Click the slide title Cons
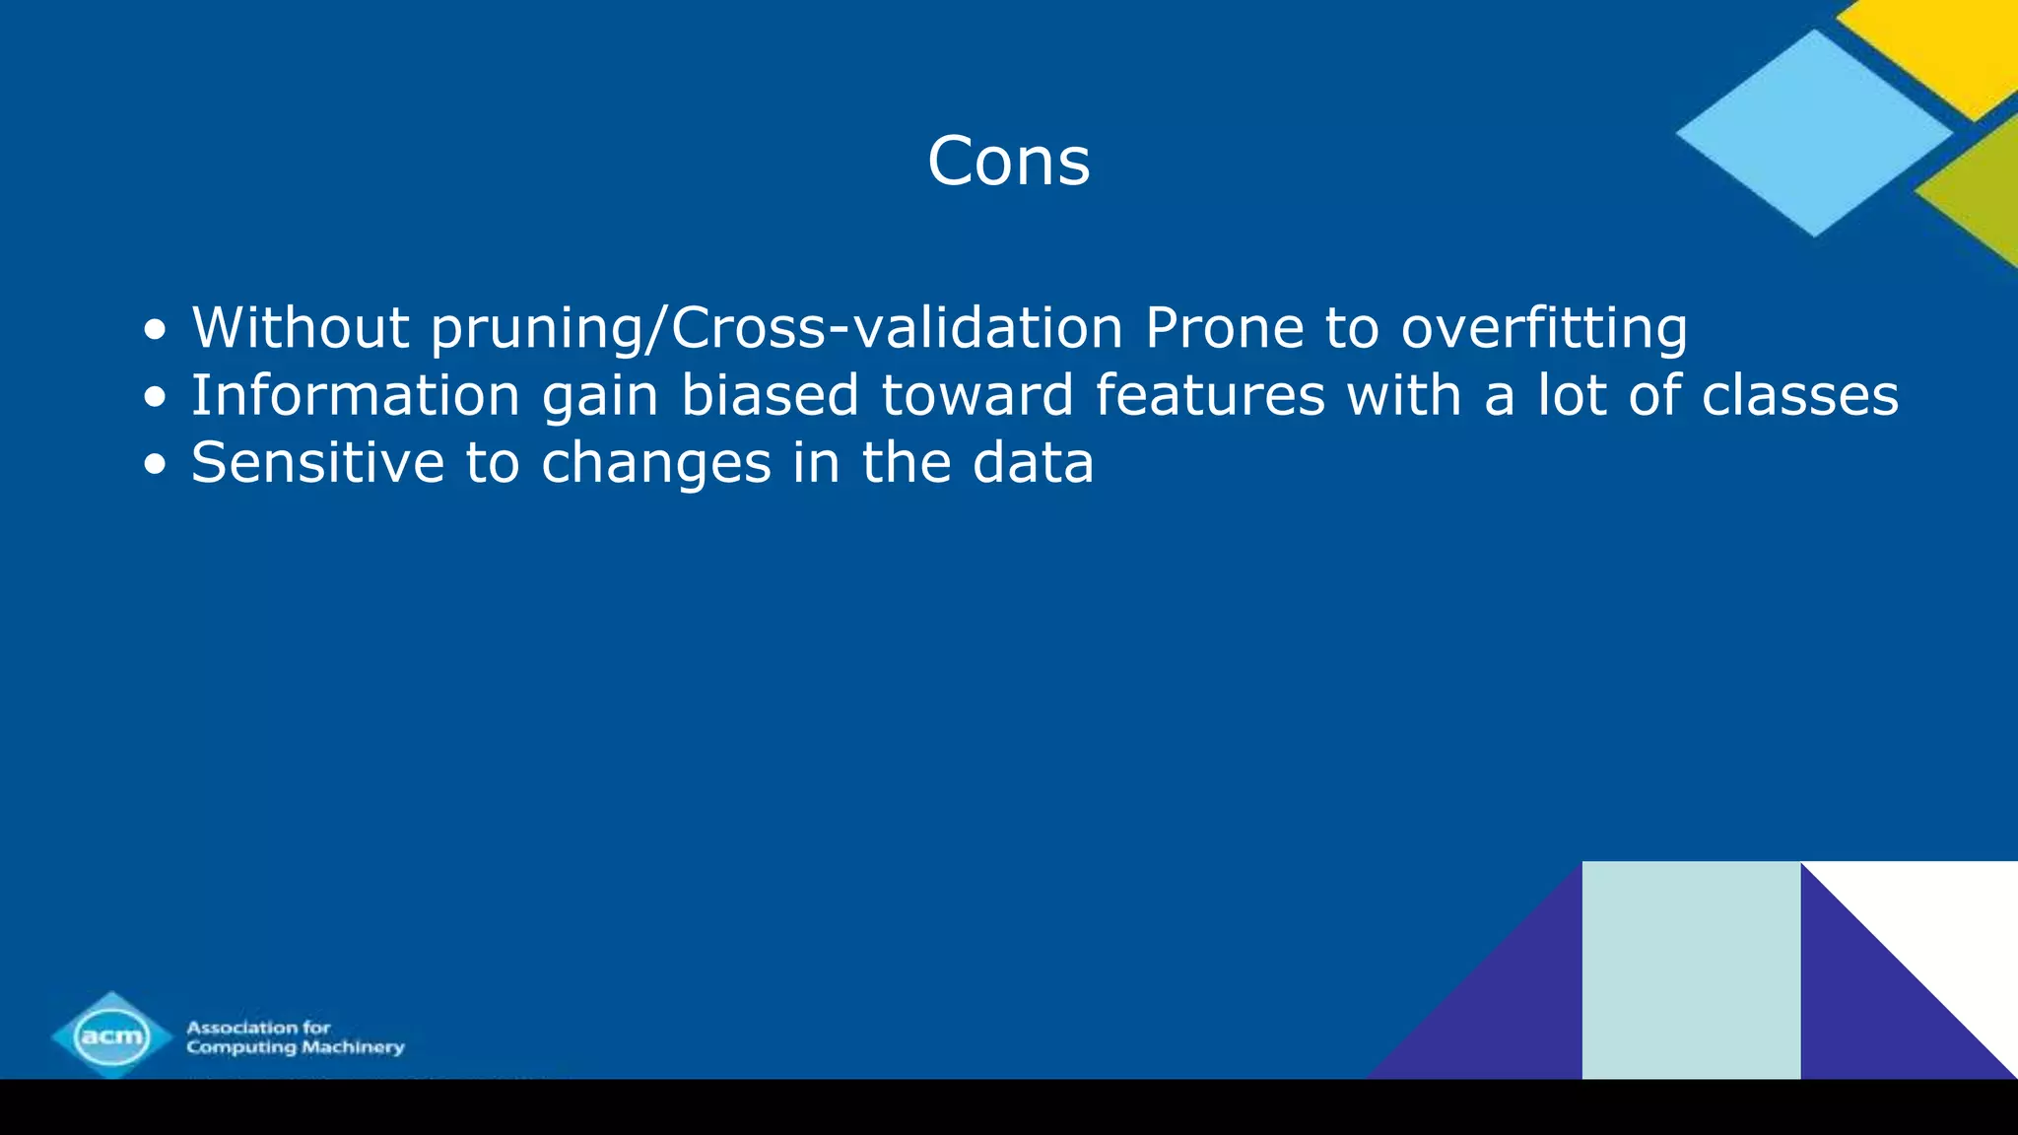(x=1008, y=161)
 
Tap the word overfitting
(x=1544, y=329)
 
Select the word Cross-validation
(x=897, y=327)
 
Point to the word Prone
(x=1224, y=327)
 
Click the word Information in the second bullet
(x=355, y=395)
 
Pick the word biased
(x=771, y=395)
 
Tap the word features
(x=1210, y=395)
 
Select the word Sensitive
(x=317, y=462)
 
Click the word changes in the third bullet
(x=656, y=464)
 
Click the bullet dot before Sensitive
(x=155, y=464)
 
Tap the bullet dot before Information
(x=155, y=397)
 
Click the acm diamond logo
(x=111, y=1035)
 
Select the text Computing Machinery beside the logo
(x=296, y=1047)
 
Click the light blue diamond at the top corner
(x=1813, y=133)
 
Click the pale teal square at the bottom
(x=1691, y=970)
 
